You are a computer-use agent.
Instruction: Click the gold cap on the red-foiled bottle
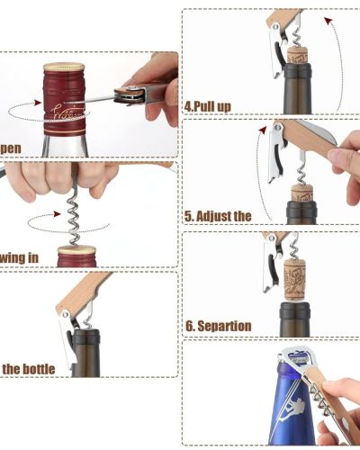(64, 68)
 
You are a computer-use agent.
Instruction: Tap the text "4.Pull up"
(208, 106)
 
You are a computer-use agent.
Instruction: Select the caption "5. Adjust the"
(218, 216)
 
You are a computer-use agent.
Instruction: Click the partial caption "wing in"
(20, 257)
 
